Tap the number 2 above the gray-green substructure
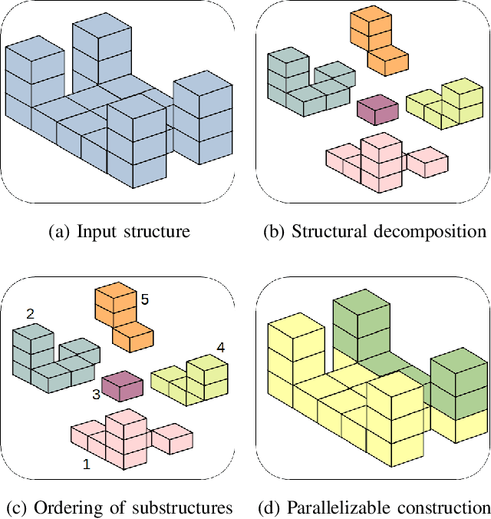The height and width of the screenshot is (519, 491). point(31,314)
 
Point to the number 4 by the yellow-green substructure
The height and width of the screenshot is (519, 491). point(221,348)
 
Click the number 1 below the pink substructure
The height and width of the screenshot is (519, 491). point(86,464)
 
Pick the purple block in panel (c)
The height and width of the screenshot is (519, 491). point(122,385)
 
